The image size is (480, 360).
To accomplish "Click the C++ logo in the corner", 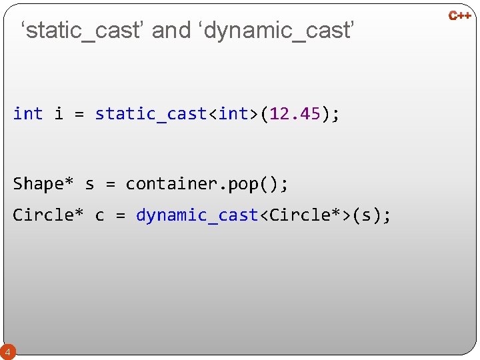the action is click(460, 15).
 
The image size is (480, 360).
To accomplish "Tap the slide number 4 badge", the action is click(7, 351).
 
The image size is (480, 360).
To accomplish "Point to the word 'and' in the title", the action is click(171, 30).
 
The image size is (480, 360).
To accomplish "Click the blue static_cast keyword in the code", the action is click(151, 114).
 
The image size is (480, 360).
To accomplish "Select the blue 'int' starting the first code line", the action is click(28, 114).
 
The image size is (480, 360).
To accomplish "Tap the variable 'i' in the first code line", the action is click(59, 114).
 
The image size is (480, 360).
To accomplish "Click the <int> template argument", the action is click(233, 114).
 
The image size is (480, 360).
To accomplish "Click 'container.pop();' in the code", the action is click(207, 183).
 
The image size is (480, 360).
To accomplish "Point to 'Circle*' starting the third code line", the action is click(49, 215).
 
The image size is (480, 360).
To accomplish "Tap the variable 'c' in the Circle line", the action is click(99, 215).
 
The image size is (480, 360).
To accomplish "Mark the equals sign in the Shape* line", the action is click(110, 183).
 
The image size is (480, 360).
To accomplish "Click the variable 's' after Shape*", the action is click(89, 183).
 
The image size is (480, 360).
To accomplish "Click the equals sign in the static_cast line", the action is click(79, 114).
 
